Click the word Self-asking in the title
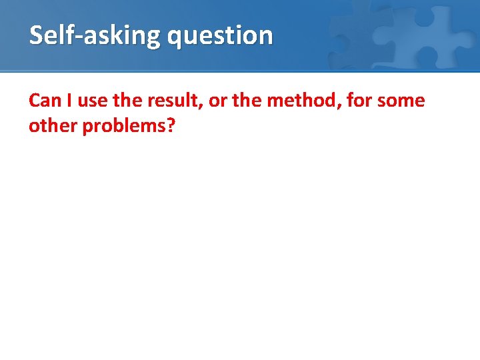(x=95, y=35)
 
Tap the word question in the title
(x=220, y=36)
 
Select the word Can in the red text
(x=45, y=101)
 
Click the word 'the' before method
(x=244, y=101)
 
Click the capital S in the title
(x=36, y=35)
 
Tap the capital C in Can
(x=35, y=101)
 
